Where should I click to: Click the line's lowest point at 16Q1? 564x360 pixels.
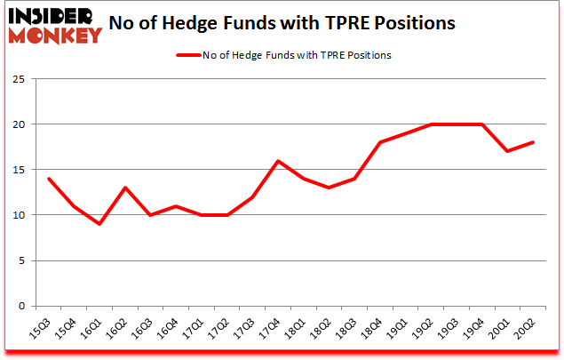99,223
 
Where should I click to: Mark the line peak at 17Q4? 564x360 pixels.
278,160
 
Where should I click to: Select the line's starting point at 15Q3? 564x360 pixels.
49,179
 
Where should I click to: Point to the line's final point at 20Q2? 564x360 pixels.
533,142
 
